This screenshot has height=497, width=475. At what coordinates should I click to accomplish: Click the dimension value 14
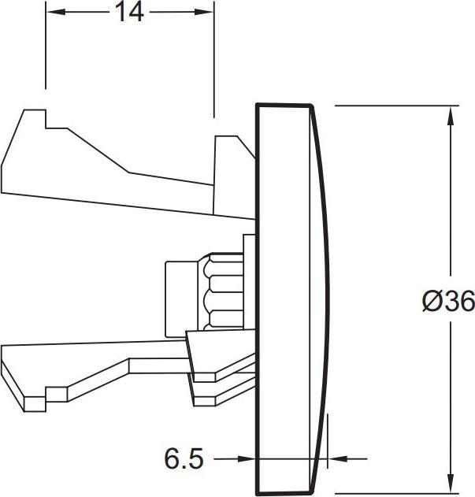tap(129, 13)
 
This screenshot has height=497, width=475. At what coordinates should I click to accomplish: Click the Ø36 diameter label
tap(448, 302)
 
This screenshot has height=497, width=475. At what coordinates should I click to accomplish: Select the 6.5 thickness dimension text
tap(184, 458)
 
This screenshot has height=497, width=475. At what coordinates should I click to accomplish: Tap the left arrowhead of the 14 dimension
tap(56, 12)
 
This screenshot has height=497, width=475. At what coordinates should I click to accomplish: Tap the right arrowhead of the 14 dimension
tap(204, 12)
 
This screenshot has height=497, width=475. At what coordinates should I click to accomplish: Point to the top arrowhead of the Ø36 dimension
tap(451, 117)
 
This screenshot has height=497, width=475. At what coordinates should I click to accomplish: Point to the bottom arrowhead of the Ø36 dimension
tap(451, 483)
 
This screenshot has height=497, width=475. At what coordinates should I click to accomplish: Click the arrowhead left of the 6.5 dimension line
tap(247, 458)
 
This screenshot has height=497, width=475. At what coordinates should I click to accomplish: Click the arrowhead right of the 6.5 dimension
tap(338, 458)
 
